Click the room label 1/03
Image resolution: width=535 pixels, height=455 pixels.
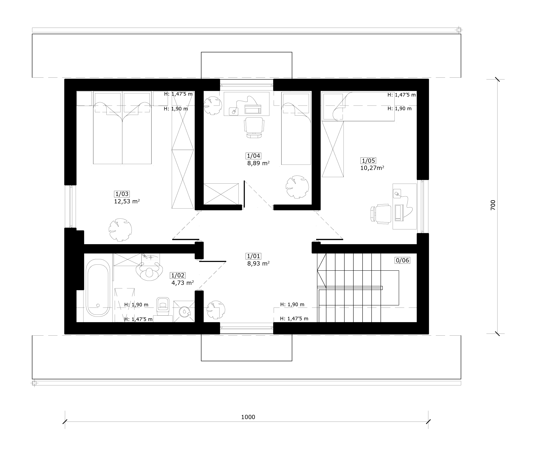click(x=122, y=194)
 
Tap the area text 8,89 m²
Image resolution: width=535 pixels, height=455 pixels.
click(x=258, y=163)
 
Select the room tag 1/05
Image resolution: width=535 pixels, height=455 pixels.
click(x=368, y=161)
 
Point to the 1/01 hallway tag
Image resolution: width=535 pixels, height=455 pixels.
click(x=253, y=256)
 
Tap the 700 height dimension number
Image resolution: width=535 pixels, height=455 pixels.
click(x=493, y=205)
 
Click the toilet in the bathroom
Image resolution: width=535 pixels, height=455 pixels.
click(x=163, y=306)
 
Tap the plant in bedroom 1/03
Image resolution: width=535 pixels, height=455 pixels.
click(x=120, y=230)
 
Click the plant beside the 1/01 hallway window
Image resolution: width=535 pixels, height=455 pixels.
click(x=216, y=310)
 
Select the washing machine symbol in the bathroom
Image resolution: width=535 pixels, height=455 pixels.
click(x=184, y=312)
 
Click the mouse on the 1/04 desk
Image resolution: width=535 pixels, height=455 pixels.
click(x=234, y=111)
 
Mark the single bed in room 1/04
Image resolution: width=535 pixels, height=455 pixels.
click(x=296, y=128)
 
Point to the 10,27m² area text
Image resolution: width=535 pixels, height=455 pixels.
click(x=372, y=168)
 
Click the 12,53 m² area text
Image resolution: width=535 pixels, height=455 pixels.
click(x=127, y=201)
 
